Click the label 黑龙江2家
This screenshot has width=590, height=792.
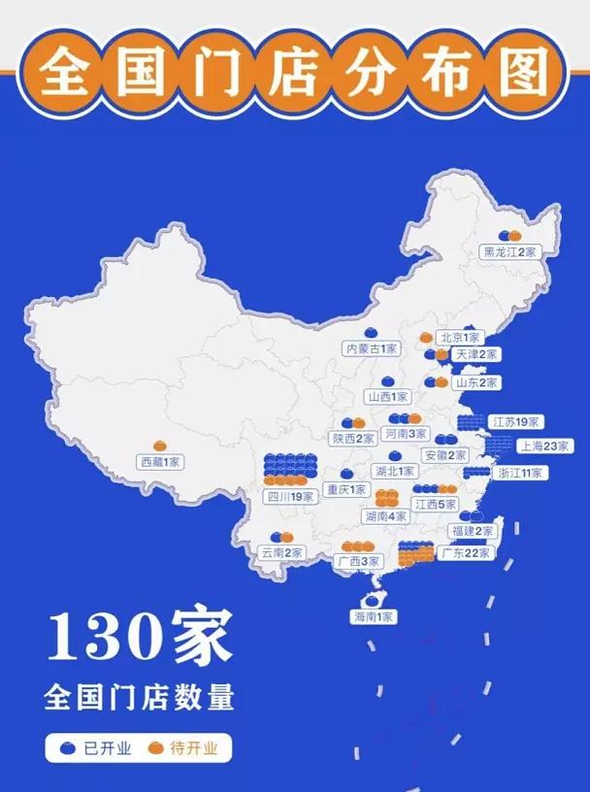click(509, 251)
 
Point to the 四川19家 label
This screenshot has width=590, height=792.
click(291, 497)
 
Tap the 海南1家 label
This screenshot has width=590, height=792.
click(374, 616)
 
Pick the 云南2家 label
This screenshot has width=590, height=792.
click(281, 552)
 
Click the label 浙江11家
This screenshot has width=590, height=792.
click(519, 473)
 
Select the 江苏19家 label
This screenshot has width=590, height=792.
click(515, 423)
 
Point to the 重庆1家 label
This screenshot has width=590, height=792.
click(346, 489)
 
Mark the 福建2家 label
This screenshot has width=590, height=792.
click(473, 531)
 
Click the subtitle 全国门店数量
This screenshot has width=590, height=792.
click(139, 698)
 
